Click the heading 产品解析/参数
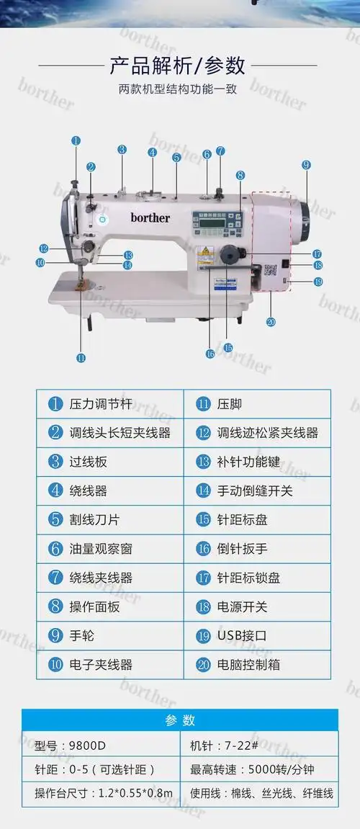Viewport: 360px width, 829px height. coord(177,66)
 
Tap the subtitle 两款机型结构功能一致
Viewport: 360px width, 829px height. coord(177,90)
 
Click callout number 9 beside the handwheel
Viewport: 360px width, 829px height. coord(306,165)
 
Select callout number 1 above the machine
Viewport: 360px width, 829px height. coord(76,141)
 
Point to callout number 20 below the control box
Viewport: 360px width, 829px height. coord(271,321)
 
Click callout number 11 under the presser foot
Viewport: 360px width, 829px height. coord(80,357)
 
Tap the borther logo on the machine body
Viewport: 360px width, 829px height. coord(150,217)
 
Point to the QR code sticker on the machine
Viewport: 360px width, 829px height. coord(271,271)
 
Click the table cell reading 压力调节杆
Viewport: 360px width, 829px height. coord(110,404)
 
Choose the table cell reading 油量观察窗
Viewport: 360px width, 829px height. coord(110,549)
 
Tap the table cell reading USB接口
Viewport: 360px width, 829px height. coord(257,636)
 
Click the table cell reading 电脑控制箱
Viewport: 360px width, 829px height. coord(257,665)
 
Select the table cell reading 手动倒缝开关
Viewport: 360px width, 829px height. coord(257,491)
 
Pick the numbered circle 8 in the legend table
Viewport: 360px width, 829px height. coord(55,607)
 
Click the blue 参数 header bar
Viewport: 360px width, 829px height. coord(179,720)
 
